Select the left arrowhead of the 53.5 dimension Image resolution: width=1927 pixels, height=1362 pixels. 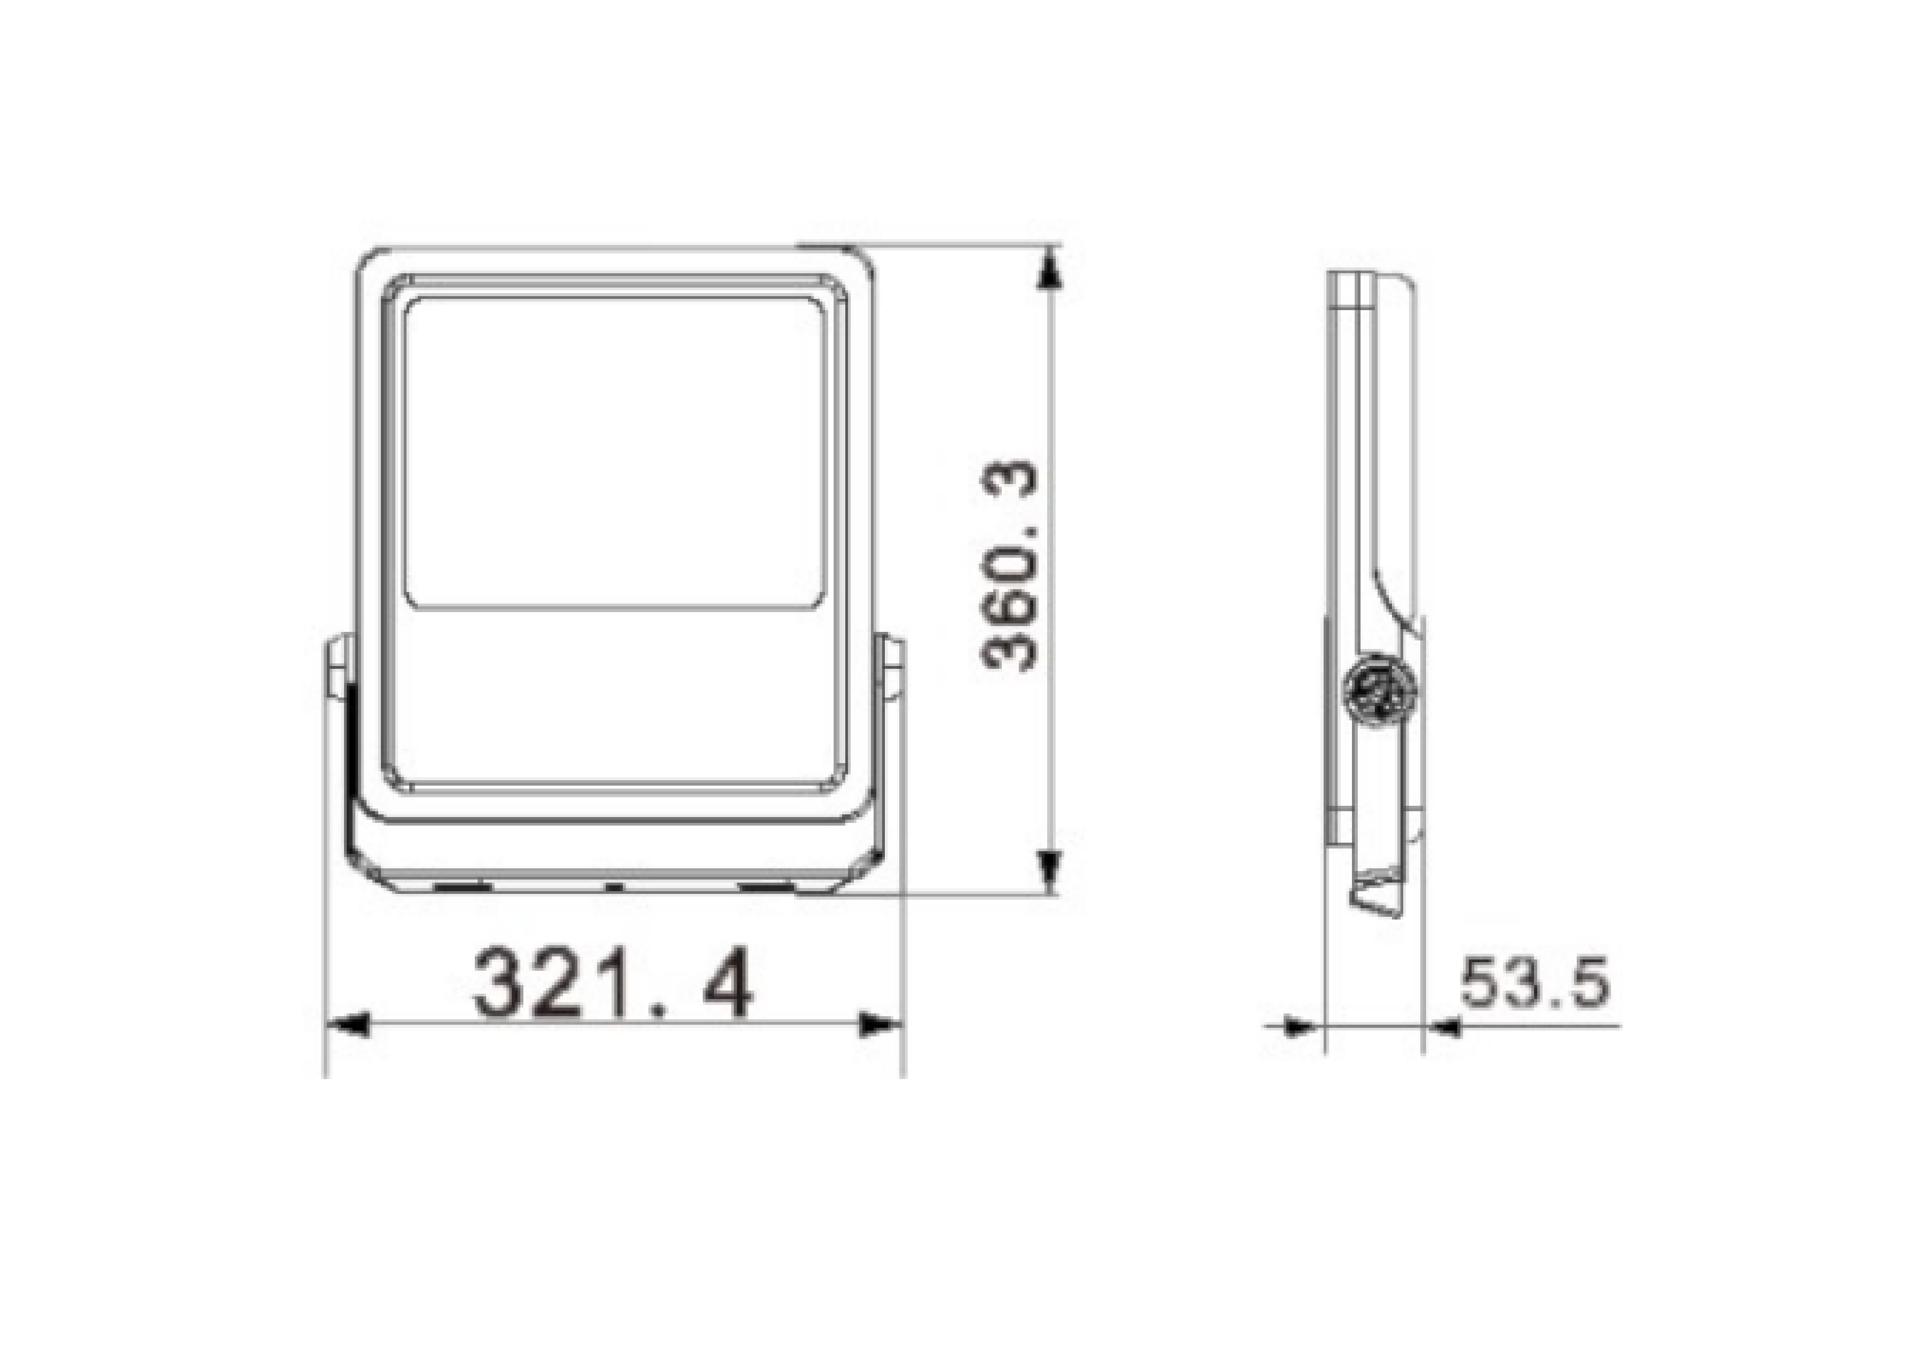tap(1303, 1026)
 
